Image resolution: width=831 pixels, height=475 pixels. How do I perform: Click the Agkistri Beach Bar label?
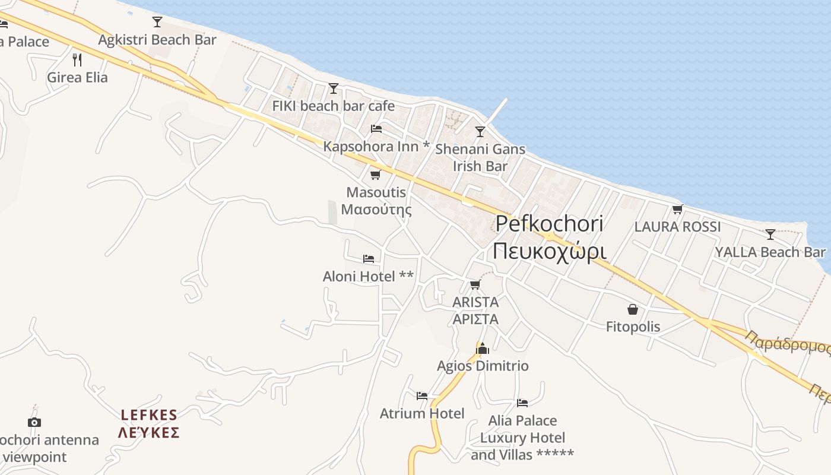click(x=157, y=40)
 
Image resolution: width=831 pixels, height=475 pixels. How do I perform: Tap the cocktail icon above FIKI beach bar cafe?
click(x=334, y=88)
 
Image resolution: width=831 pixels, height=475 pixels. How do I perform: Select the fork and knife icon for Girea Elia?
click(x=77, y=59)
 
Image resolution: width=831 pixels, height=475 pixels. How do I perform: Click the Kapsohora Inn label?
click(x=376, y=146)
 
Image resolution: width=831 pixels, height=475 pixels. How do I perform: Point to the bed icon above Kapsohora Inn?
click(x=376, y=128)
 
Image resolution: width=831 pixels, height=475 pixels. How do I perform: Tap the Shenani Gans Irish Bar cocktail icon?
click(x=480, y=132)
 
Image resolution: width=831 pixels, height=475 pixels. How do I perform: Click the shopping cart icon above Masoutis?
click(x=375, y=175)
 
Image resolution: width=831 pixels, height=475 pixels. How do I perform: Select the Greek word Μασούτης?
click(x=376, y=210)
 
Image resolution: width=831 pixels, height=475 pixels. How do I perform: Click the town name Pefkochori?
click(x=550, y=224)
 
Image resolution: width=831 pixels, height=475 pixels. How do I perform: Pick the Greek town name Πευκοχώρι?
click(x=550, y=251)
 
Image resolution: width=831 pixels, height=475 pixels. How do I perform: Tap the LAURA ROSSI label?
click(x=677, y=227)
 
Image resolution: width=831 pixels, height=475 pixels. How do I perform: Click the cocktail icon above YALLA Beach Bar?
click(x=770, y=234)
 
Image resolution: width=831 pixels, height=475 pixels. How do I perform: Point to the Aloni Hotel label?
click(x=368, y=277)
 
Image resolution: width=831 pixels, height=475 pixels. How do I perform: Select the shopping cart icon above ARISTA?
click(x=475, y=285)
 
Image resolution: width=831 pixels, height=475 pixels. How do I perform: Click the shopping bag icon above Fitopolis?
click(x=633, y=309)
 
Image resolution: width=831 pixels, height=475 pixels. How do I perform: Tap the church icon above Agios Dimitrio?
click(x=483, y=348)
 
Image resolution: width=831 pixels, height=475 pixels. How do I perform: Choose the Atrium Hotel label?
click(x=422, y=413)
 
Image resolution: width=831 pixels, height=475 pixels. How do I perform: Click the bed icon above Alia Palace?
click(x=522, y=403)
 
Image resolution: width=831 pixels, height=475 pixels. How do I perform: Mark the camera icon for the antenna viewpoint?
click(x=34, y=422)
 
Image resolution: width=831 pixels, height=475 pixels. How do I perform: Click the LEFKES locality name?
click(x=149, y=414)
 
